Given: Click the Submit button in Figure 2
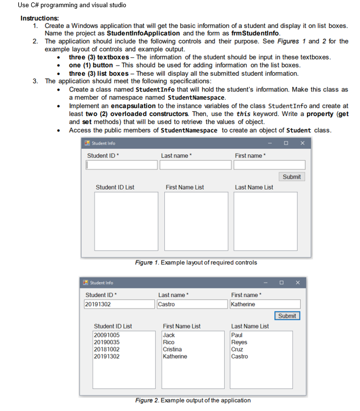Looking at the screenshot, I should point(287,316).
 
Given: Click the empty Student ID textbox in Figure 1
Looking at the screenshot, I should point(122,165).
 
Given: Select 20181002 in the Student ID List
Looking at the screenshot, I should point(106,349).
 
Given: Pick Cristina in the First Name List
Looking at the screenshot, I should point(172,349).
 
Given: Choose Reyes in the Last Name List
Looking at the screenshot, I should point(239,342).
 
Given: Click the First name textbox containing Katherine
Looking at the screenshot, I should point(265,304).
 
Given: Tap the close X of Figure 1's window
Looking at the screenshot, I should point(302,143).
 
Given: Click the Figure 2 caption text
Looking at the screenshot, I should point(193,400).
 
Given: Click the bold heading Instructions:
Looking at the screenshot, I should point(39,18).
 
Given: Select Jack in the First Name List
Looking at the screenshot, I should point(169,335).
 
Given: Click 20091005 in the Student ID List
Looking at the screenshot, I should point(106,335).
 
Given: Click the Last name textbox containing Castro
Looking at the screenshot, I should point(192,304).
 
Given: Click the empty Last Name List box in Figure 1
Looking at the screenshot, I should point(265,220).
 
